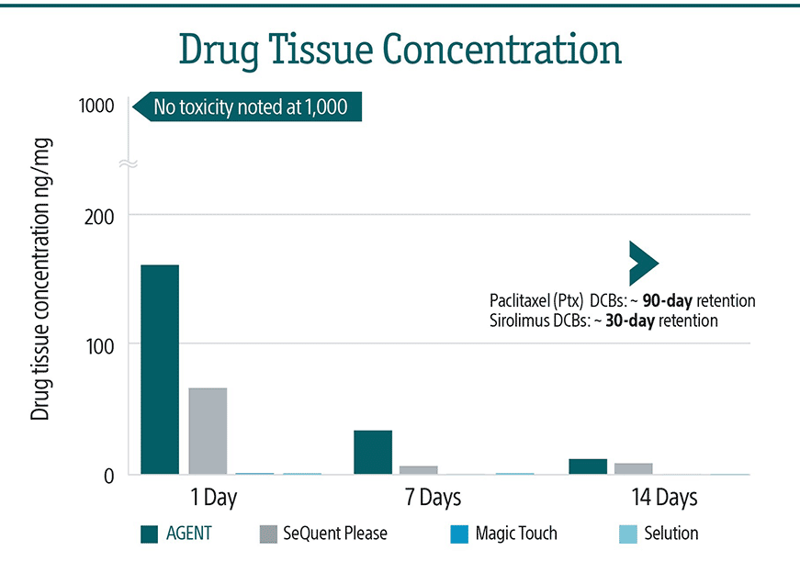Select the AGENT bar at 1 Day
[x=160, y=369]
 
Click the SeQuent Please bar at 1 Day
[x=208, y=431]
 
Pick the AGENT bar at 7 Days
[x=373, y=452]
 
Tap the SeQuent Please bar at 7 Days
[x=419, y=470]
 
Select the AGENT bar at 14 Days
[x=588, y=466]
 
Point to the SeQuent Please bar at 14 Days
[x=634, y=468]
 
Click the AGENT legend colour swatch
[x=151, y=534]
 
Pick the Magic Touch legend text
[x=516, y=534]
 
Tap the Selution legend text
[x=670, y=534]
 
